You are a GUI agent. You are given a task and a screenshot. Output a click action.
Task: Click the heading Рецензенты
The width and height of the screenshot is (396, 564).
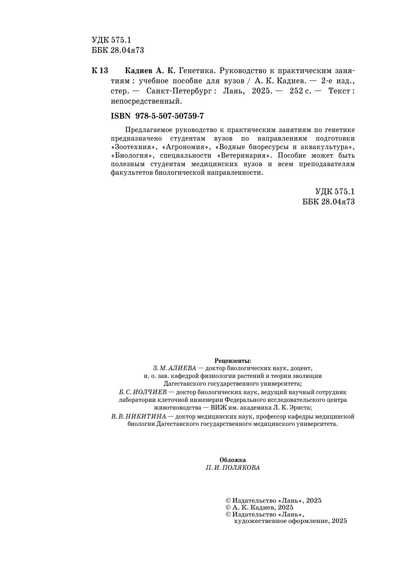click(233, 360)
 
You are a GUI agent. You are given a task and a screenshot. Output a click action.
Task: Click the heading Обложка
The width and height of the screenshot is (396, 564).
click(233, 460)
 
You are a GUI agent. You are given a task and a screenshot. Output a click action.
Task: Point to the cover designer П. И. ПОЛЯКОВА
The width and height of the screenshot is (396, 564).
click(233, 468)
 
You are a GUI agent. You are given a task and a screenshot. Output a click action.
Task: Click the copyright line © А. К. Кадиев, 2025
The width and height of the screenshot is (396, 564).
click(260, 508)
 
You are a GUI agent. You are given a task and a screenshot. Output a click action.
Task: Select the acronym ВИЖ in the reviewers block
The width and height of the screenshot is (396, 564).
click(218, 408)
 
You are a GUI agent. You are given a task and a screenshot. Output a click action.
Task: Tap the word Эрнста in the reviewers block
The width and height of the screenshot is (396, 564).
click(301, 408)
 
